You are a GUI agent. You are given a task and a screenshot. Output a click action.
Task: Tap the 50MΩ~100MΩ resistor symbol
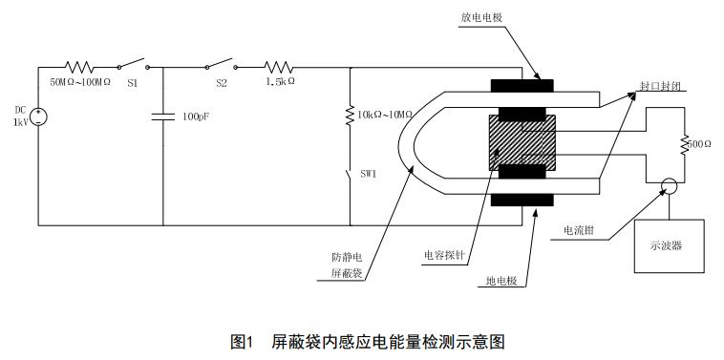pos(79,67)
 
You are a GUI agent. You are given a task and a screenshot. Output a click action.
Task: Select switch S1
pos(133,66)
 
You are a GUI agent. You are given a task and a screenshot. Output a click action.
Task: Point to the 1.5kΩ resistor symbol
pos(278,67)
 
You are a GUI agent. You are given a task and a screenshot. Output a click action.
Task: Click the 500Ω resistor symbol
pos(684,144)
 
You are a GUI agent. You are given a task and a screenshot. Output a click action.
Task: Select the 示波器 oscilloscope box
pos(669,245)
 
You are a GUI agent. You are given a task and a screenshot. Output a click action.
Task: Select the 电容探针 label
pos(444,255)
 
